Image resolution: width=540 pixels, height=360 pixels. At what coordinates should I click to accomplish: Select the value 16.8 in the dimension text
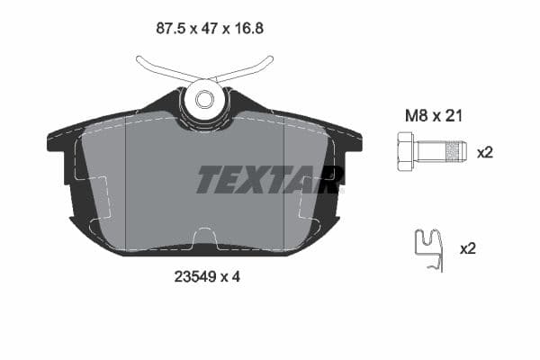tap(247, 28)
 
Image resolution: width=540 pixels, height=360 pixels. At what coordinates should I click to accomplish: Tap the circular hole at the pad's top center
tap(204, 98)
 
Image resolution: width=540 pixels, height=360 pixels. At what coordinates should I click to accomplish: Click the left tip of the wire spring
tap(139, 60)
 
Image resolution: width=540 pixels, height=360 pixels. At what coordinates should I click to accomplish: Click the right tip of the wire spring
tap(270, 60)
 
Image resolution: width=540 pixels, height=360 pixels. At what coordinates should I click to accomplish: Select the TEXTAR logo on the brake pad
tap(269, 180)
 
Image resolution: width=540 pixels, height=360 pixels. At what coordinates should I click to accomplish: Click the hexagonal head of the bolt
tap(404, 151)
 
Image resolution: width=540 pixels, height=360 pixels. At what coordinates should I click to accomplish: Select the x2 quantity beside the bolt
tap(485, 152)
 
